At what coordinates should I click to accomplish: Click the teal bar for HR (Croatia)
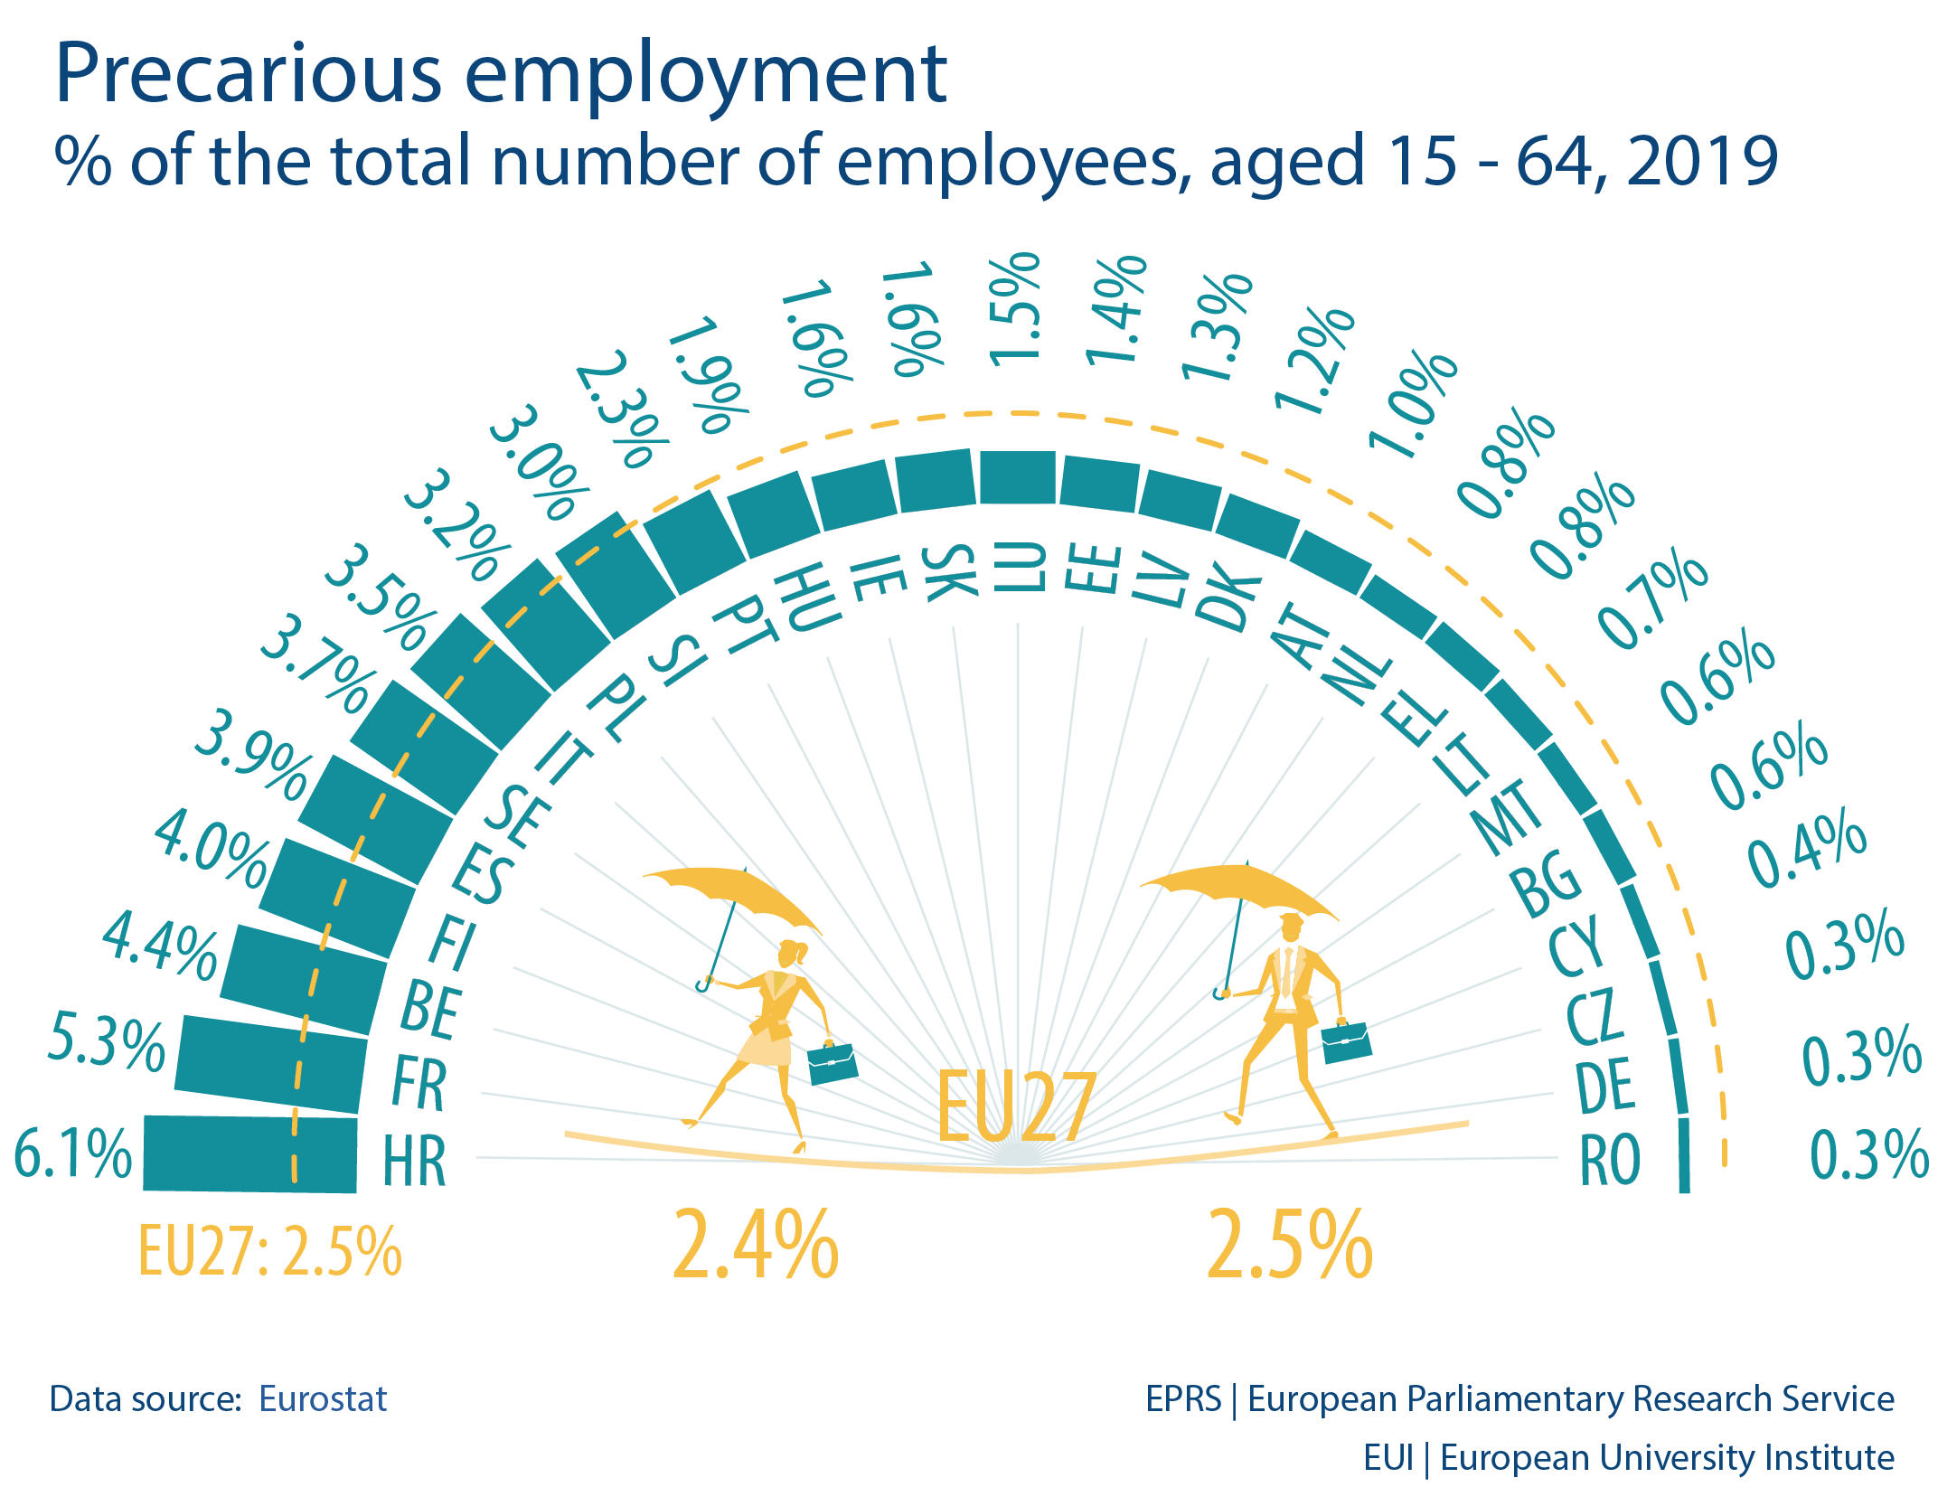pos(250,1154)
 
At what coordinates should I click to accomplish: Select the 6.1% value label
pos(73,1154)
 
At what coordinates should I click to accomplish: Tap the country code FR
pos(419,1085)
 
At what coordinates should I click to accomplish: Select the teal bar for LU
pos(1018,477)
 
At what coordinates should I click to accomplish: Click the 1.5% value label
pos(1014,310)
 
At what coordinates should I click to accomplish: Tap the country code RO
pos(1610,1160)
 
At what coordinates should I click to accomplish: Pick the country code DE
pos(1605,1085)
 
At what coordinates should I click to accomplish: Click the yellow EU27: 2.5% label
pos(269,1252)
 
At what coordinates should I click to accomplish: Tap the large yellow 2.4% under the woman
pos(756,1247)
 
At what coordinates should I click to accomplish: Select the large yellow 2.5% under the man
pos(1290,1247)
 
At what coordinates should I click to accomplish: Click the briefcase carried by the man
pos(1346,1042)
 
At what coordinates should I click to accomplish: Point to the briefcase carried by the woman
pos(832,1063)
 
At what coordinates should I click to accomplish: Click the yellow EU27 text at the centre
pos(1017,1107)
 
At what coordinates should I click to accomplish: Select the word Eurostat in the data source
pos(323,1399)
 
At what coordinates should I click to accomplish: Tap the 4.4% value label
pos(161,946)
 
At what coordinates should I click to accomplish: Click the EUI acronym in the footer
pos(1388,1458)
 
